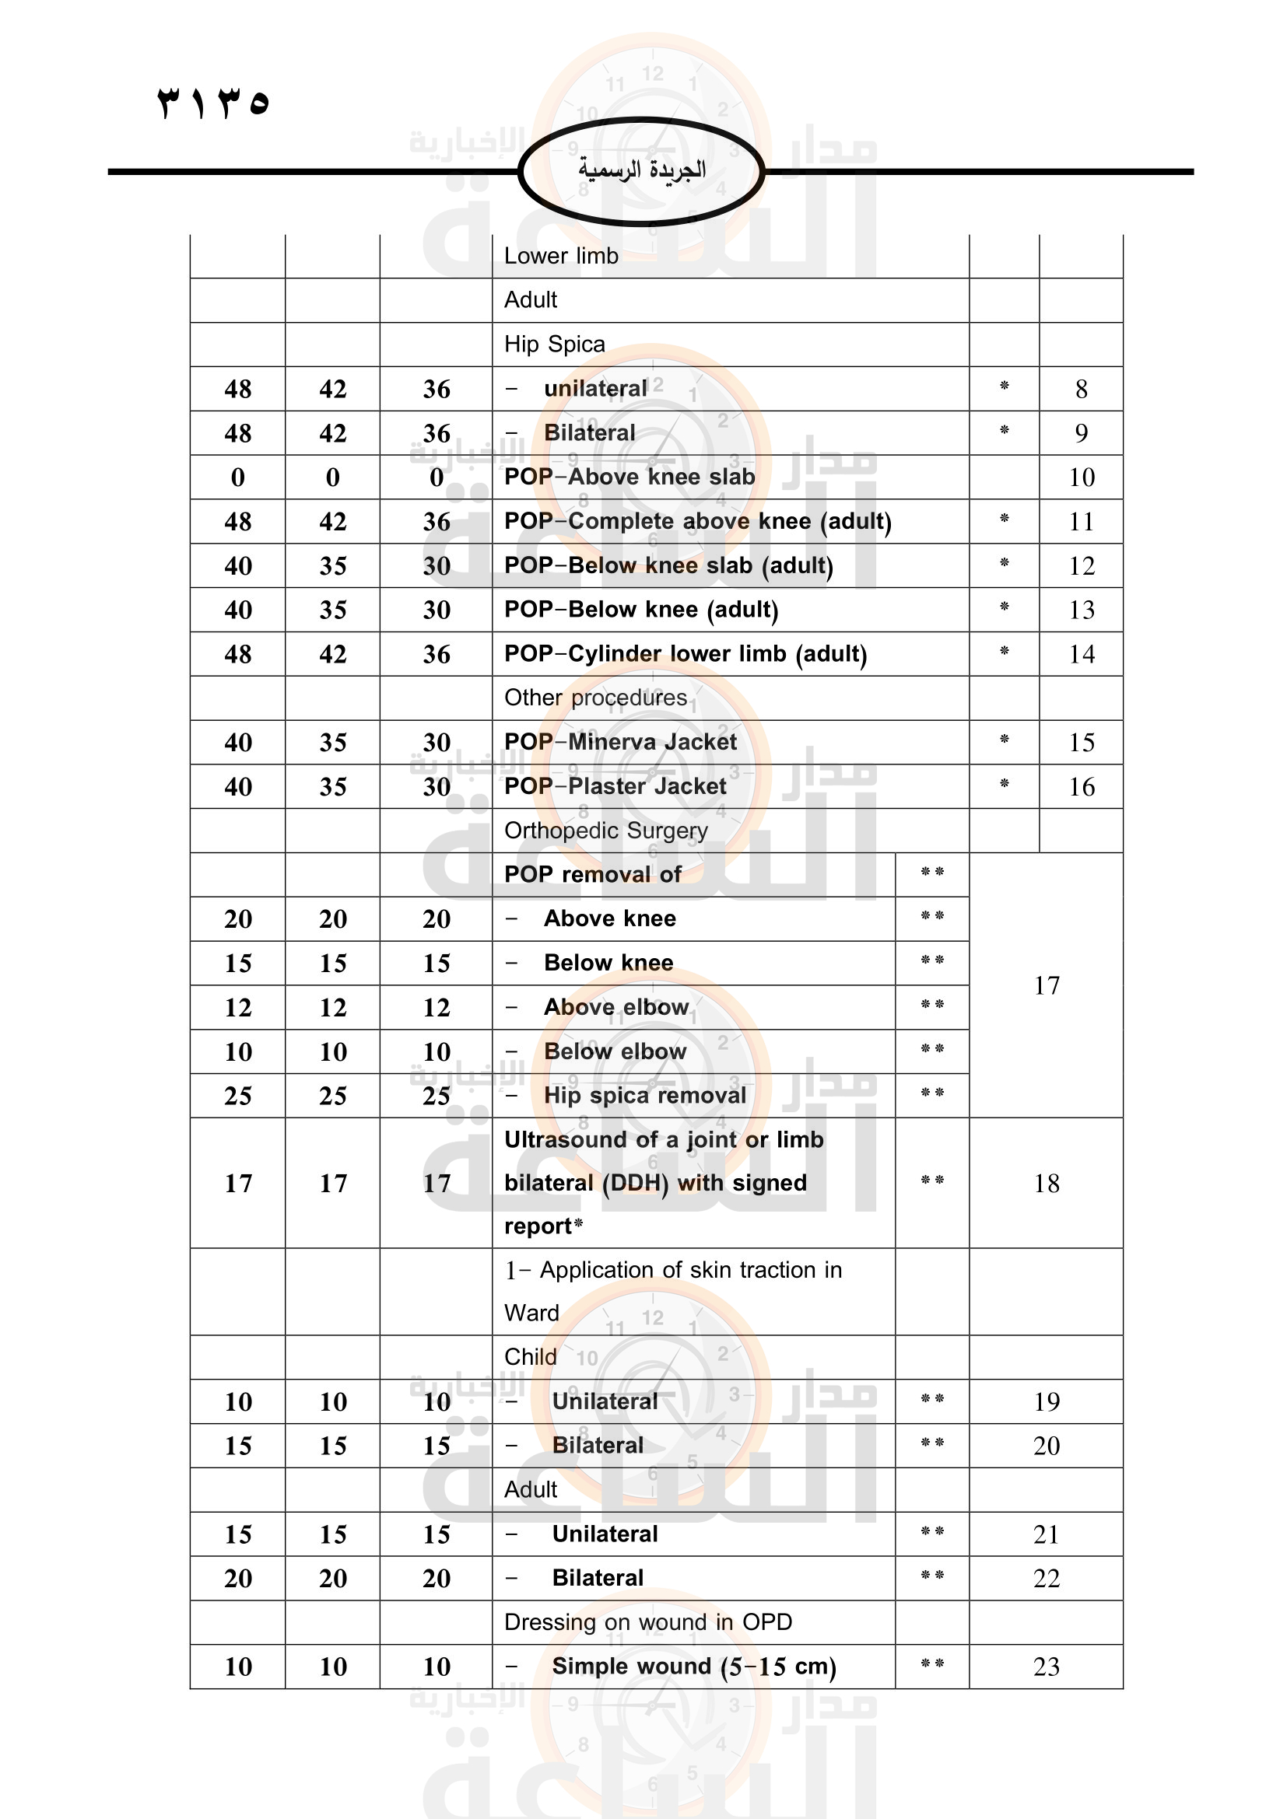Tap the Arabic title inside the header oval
point(641,170)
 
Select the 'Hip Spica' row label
point(554,344)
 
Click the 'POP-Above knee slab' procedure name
point(629,477)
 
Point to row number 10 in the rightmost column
point(1081,477)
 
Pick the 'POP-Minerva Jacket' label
point(619,743)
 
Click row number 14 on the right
point(1081,653)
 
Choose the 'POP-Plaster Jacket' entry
point(615,787)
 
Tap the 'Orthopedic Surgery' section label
point(605,831)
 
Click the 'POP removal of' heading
point(592,875)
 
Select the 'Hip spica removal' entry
point(644,1096)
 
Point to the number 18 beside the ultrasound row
point(1046,1183)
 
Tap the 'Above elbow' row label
point(615,1007)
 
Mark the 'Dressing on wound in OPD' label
point(647,1621)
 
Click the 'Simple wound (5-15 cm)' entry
point(693,1666)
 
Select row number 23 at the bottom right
point(1046,1666)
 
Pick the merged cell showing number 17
point(1046,985)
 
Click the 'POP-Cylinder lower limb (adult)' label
point(686,653)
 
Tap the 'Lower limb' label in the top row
point(561,256)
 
